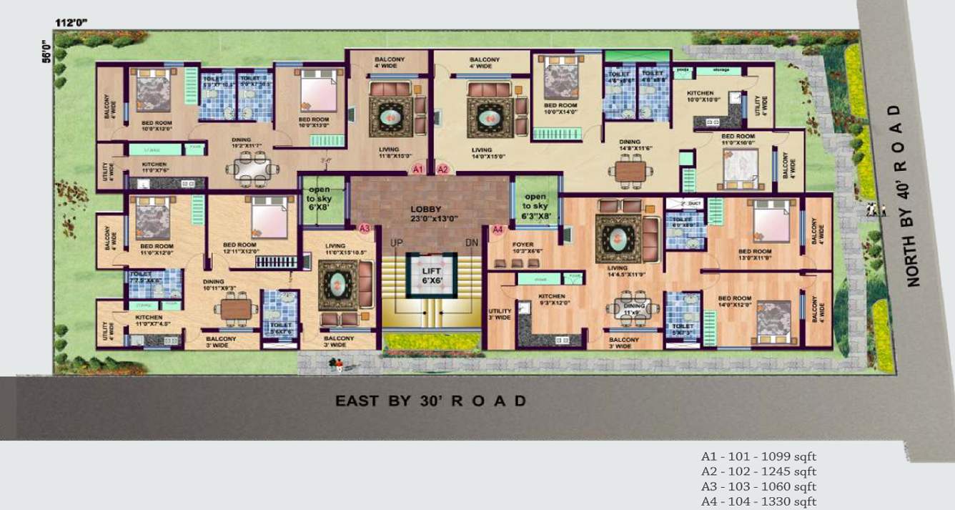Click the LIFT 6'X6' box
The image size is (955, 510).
pyautogui.click(x=431, y=274)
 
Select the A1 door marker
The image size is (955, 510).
pyautogui.click(x=419, y=170)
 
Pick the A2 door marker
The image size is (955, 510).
pyautogui.click(x=442, y=170)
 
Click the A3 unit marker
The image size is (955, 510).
pyautogui.click(x=365, y=229)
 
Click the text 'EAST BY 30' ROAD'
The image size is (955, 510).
pyautogui.click(x=431, y=401)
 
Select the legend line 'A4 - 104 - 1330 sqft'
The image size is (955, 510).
pyautogui.click(x=758, y=502)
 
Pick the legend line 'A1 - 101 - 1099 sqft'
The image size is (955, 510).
pyautogui.click(x=758, y=456)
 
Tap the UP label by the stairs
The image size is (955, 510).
pyautogui.click(x=397, y=244)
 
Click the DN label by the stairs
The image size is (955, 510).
pyautogui.click(x=470, y=244)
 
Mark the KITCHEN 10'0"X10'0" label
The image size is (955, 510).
pyautogui.click(x=700, y=96)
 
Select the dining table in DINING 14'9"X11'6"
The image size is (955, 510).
pyautogui.click(x=631, y=172)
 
